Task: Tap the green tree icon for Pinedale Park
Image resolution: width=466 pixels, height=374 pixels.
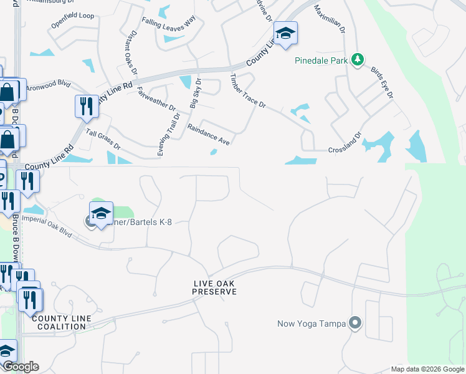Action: tap(357, 60)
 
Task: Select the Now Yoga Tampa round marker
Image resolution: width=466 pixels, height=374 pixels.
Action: tap(355, 323)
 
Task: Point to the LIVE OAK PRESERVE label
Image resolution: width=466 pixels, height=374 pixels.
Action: tap(214, 287)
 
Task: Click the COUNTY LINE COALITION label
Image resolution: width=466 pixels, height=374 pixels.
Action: tap(61, 322)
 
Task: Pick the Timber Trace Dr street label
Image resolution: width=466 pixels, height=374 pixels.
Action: tap(248, 92)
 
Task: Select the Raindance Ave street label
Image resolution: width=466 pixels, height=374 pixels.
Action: tap(209, 135)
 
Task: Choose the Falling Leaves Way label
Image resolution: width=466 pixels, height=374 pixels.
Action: tap(168, 24)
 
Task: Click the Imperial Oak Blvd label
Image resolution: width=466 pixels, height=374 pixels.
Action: tap(47, 226)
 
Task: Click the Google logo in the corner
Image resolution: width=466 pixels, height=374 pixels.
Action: tap(20, 367)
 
